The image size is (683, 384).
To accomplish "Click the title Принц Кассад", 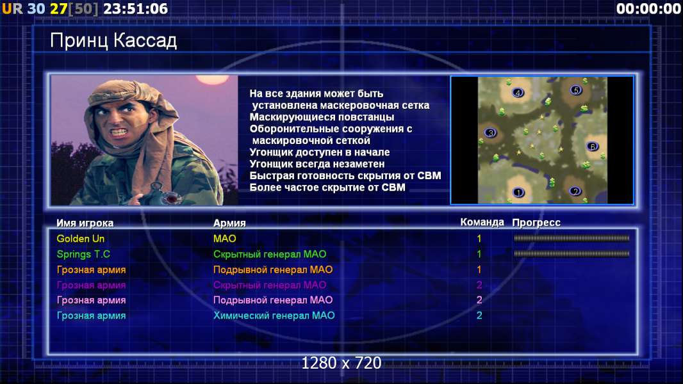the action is point(113,41).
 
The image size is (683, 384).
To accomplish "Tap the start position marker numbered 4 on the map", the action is point(518,93).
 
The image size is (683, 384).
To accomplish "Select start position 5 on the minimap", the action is point(576,90).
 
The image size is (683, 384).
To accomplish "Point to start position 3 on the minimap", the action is point(491,132).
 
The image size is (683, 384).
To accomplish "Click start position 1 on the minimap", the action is point(518,192).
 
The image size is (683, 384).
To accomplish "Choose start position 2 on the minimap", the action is point(575,191).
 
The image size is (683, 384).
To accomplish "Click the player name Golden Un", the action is point(81,238).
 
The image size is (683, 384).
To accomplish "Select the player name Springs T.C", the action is point(83,254).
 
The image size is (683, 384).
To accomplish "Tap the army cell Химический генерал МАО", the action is point(274,316).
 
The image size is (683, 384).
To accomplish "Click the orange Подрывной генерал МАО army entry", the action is point(273,269).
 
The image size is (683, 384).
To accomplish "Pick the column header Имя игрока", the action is point(85,223).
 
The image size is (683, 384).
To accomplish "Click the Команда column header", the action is point(482,222).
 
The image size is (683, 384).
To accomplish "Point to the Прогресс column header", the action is point(536,223).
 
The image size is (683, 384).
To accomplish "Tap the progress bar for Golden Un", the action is point(572,238).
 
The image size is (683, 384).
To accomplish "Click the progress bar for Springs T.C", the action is point(572,253).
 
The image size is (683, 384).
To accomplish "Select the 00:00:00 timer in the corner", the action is point(648,9).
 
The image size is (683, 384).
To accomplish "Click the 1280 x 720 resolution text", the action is point(341,363).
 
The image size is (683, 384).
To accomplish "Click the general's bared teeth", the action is point(119,132).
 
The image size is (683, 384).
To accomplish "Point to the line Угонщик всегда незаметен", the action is point(317,164).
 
